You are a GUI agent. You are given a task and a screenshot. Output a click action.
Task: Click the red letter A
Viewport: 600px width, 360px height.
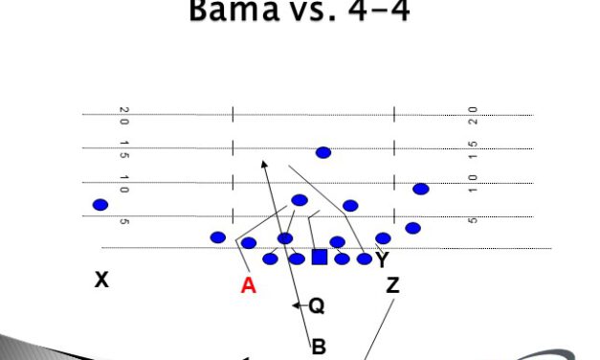click(248, 284)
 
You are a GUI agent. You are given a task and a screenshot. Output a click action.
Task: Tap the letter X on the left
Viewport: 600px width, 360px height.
click(100, 280)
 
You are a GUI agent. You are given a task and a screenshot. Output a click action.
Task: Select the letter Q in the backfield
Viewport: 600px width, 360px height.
click(316, 305)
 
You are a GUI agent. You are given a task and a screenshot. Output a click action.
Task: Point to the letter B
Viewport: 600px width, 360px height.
click(319, 348)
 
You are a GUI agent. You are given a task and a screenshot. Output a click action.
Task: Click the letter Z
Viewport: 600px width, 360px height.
click(393, 284)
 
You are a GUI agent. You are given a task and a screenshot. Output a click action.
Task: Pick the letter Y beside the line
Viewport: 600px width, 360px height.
click(383, 259)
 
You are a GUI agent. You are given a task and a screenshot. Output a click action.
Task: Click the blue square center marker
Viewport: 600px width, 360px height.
click(320, 257)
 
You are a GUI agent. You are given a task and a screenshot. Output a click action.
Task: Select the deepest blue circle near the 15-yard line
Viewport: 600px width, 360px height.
click(323, 152)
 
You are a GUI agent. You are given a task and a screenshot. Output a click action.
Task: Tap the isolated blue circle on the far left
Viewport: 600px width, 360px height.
click(100, 204)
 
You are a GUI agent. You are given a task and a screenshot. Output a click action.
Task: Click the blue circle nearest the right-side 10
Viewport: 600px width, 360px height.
click(420, 189)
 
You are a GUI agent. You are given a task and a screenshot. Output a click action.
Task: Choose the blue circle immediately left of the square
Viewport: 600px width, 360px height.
click(297, 259)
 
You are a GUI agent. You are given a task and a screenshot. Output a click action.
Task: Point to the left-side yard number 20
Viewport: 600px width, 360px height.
click(124, 116)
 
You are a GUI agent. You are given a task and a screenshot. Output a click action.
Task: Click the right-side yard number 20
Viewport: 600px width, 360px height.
click(474, 116)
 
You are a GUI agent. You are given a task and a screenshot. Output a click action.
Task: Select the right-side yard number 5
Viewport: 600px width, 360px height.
click(474, 220)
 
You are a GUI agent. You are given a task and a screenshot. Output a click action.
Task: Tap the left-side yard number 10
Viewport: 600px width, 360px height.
click(124, 184)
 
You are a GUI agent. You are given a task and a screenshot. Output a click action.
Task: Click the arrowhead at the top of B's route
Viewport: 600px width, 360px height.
click(264, 165)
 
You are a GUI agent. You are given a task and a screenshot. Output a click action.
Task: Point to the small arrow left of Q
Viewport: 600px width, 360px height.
click(298, 305)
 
